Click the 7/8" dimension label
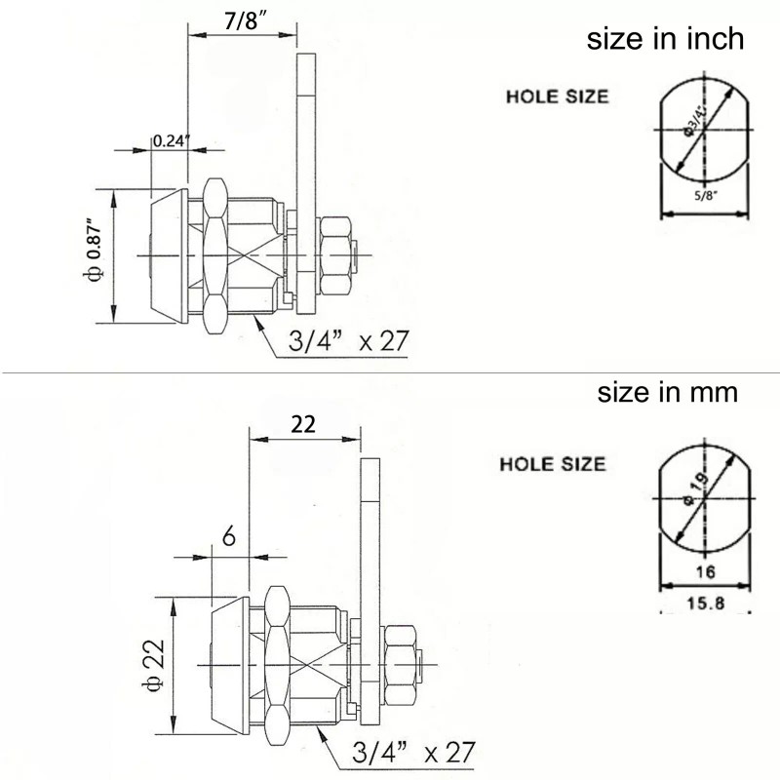pos(246,20)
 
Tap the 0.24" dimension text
pos(171,141)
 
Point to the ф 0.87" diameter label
pos(94,249)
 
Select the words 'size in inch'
pos(665,39)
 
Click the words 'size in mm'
pos(668,393)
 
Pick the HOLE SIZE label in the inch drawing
pos(557,97)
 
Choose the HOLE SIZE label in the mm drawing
pos(553,464)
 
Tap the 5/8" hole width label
pos(705,196)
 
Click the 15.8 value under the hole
pos(705,604)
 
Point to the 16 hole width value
pos(705,572)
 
